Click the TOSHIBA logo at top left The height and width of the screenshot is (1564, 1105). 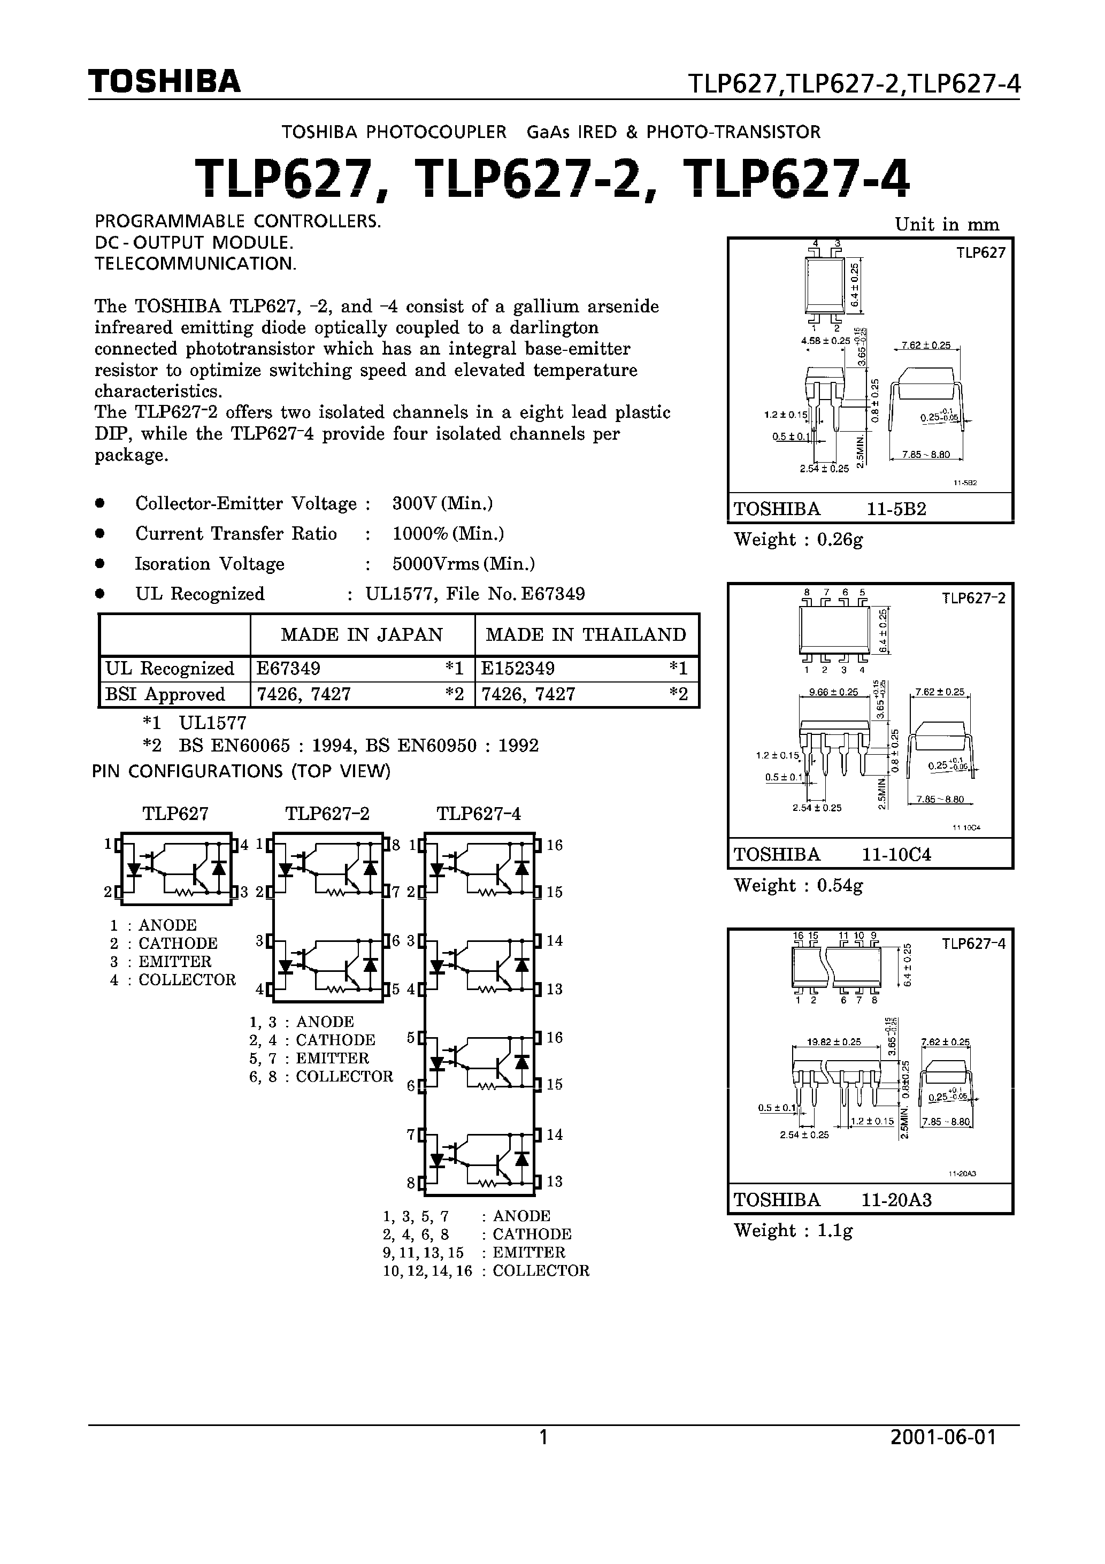(164, 81)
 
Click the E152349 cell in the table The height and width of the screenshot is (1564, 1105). (518, 668)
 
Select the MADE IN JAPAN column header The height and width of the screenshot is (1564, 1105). (362, 635)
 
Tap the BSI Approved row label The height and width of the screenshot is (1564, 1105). (165, 694)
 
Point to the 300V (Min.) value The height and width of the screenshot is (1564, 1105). (442, 503)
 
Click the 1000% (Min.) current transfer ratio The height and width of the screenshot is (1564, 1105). (448, 533)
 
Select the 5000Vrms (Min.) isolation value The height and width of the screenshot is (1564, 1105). (463, 564)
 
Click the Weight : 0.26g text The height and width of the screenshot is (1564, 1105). (799, 540)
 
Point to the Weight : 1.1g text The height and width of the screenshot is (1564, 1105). (793, 1230)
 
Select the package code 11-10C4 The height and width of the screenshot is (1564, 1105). (896, 854)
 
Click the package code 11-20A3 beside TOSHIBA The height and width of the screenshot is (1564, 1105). (896, 1200)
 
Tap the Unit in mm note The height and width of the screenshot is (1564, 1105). (946, 225)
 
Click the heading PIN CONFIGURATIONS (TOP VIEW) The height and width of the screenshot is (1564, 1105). (241, 771)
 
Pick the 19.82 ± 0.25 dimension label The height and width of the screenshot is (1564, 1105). (833, 1041)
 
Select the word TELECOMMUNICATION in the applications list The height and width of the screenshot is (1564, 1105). (196, 264)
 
